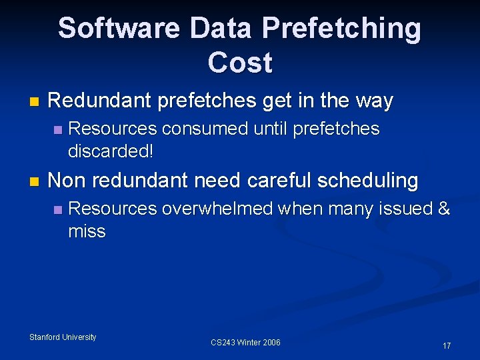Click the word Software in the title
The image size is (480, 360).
pyautogui.click(x=119, y=29)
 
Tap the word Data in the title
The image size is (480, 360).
pyautogui.click(x=221, y=29)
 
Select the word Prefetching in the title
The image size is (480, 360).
pyautogui.click(x=341, y=29)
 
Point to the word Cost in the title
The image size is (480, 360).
pyautogui.click(x=240, y=63)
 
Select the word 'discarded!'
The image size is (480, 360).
pyautogui.click(x=111, y=151)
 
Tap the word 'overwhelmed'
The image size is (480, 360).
pyautogui.click(x=217, y=209)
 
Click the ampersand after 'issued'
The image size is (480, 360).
pyautogui.click(x=444, y=209)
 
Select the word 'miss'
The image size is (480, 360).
pyautogui.click(x=87, y=231)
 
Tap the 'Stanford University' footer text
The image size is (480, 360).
pyautogui.click(x=63, y=337)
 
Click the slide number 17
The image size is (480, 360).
pyautogui.click(x=447, y=346)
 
